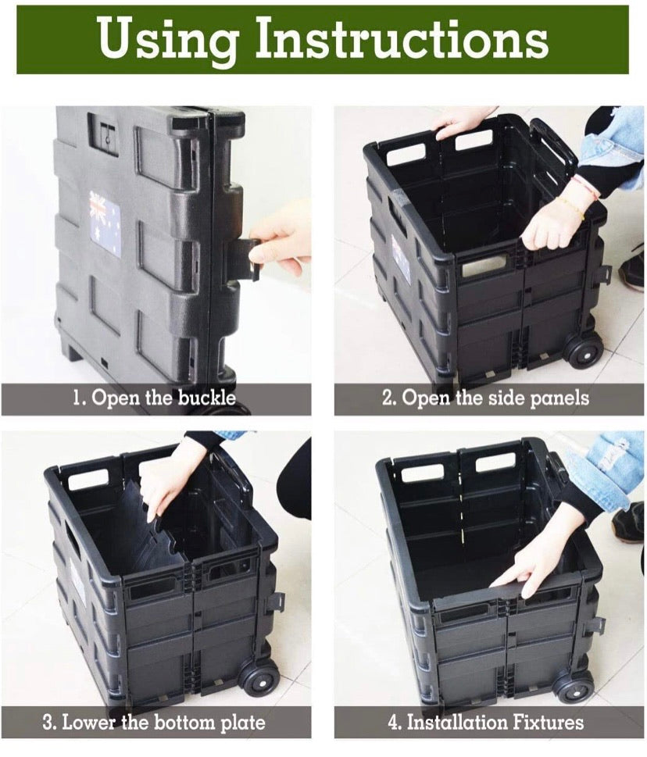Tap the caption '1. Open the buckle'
pyautogui.click(x=154, y=398)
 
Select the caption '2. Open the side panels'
pyautogui.click(x=485, y=398)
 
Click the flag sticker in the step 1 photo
pyautogui.click(x=105, y=226)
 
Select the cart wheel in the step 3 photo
pyautogui.click(x=259, y=677)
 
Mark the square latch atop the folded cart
pyautogui.click(x=104, y=133)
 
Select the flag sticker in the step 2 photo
pyautogui.click(x=400, y=259)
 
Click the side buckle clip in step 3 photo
pyautogui.click(x=275, y=602)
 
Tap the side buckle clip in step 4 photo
pyautogui.click(x=595, y=625)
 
